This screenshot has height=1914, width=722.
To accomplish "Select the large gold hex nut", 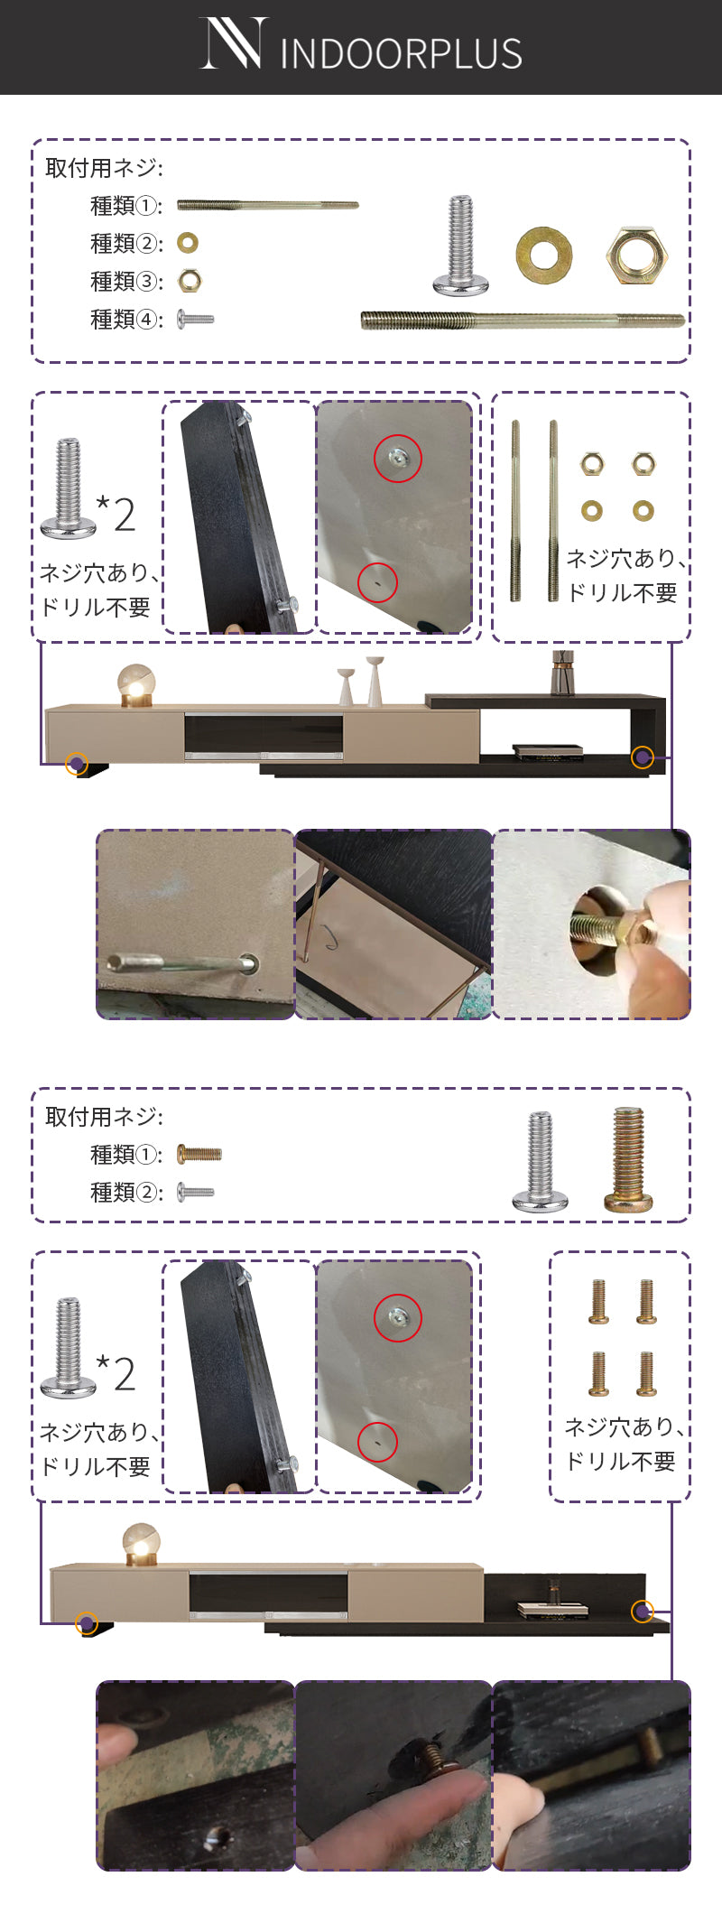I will pyautogui.click(x=636, y=256).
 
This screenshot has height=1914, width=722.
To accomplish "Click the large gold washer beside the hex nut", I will pyautogui.click(x=543, y=255).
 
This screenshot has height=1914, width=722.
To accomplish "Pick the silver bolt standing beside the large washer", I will pyautogui.click(x=461, y=246).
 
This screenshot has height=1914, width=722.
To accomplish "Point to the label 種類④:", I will pyautogui.click(x=126, y=320).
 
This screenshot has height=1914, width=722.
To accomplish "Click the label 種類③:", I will pyautogui.click(x=126, y=282).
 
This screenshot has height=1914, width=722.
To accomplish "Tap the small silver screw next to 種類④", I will pyautogui.click(x=196, y=319).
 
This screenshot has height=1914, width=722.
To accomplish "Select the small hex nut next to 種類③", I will pyautogui.click(x=190, y=281).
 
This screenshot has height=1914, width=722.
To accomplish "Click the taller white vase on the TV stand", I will pyautogui.click(x=375, y=681).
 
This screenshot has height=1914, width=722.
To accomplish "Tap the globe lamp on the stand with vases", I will pyautogui.click(x=136, y=684).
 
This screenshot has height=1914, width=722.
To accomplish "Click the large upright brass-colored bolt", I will pyautogui.click(x=628, y=1160).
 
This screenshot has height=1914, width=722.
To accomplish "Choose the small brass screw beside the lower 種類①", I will pyautogui.click(x=199, y=1154).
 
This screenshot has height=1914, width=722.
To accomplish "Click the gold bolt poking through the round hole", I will pyautogui.click(x=605, y=928).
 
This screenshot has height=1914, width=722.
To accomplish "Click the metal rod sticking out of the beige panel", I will pyautogui.click(x=180, y=964).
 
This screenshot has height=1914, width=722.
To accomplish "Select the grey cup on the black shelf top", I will pyautogui.click(x=563, y=673).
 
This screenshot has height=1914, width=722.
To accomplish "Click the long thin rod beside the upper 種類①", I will pyautogui.click(x=267, y=206).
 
